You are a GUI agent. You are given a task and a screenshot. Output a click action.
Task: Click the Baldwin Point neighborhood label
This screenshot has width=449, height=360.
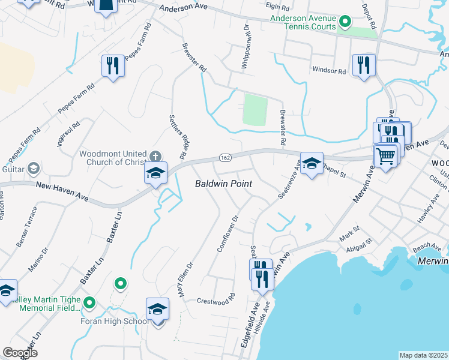point(224,184)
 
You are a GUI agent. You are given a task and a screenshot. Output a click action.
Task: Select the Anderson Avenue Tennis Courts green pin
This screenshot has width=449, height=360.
point(345,23)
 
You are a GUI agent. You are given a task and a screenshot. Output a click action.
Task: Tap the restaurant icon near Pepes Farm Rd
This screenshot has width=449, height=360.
point(113,65)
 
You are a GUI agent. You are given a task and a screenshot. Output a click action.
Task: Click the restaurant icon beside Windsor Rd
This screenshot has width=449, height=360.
point(364,64)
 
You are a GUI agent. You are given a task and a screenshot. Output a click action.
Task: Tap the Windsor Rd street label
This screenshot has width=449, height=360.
point(329,71)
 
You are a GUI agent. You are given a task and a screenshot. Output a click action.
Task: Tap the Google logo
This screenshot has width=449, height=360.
point(20,353)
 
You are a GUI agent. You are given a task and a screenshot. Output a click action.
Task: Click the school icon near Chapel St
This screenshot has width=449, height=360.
point(312,163)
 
